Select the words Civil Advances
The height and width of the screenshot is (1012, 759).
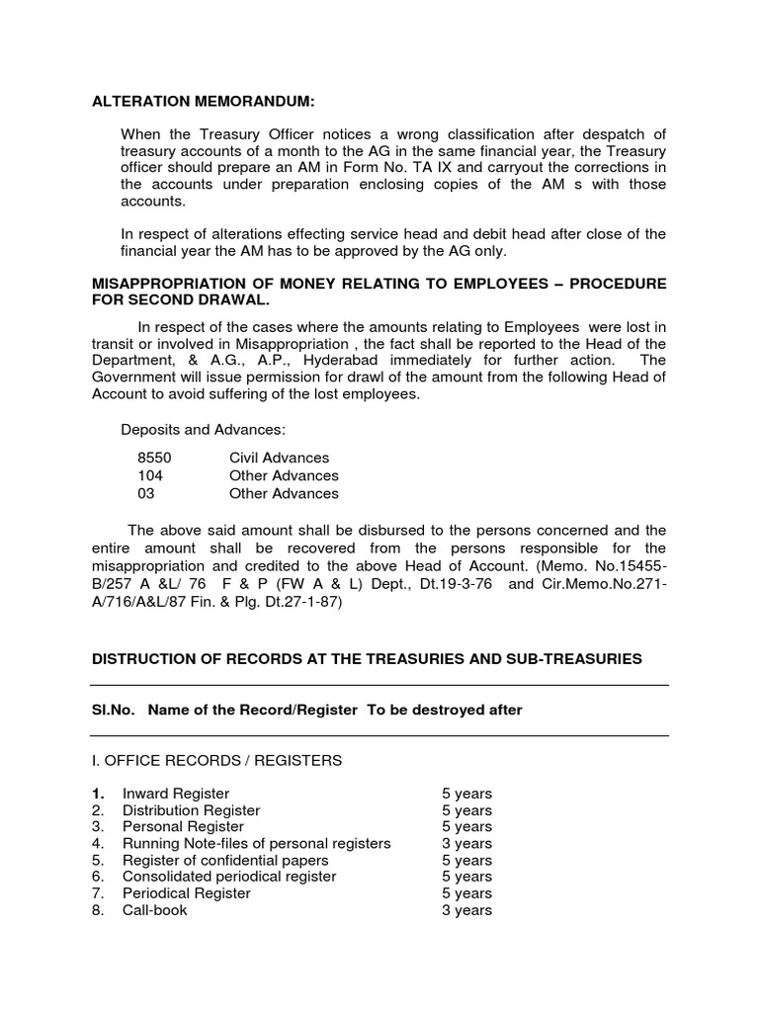click(279, 458)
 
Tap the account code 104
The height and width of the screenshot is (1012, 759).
click(149, 475)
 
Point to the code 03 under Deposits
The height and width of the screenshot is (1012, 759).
click(146, 493)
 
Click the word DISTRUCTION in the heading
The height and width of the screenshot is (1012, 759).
click(141, 658)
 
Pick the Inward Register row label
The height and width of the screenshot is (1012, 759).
click(175, 794)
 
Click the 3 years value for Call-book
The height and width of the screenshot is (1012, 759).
click(466, 910)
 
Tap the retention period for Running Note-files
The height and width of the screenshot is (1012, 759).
click(466, 843)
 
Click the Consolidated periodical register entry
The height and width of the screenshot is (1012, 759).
click(229, 877)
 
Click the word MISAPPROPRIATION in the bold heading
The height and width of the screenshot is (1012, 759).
click(163, 284)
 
